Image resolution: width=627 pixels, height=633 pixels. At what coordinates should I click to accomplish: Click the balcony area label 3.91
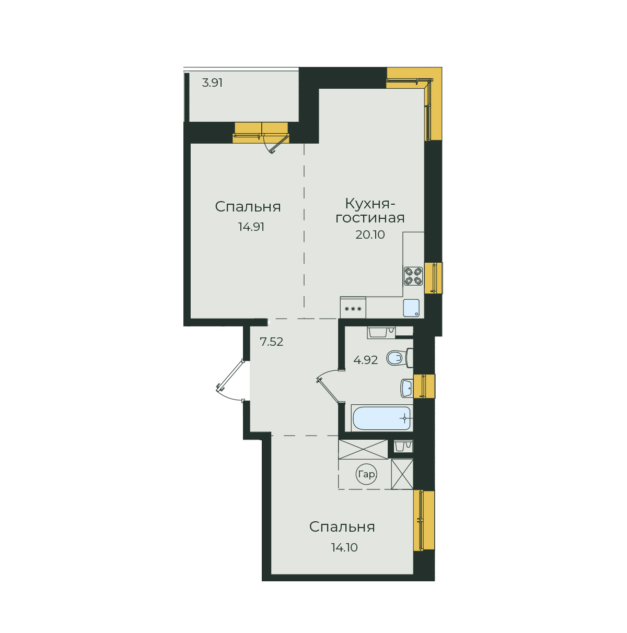pyautogui.click(x=212, y=83)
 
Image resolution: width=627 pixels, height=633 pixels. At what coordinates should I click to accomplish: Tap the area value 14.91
pyautogui.click(x=251, y=227)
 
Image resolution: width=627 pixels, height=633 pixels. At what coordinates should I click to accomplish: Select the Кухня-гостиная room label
pyautogui.click(x=369, y=210)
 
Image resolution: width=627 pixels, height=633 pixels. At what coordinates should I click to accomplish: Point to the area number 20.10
pyautogui.click(x=370, y=235)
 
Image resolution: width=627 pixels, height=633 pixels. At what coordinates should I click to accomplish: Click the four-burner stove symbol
pyautogui.click(x=413, y=276)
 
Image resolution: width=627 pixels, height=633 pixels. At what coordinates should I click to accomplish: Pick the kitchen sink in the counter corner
pyautogui.click(x=411, y=308)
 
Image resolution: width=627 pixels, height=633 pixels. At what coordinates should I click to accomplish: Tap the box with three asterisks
pyautogui.click(x=353, y=308)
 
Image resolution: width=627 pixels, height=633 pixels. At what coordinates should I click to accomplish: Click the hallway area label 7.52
pyautogui.click(x=271, y=342)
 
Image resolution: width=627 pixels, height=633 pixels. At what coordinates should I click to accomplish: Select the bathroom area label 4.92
pyautogui.click(x=365, y=360)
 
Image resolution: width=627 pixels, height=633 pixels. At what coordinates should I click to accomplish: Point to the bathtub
pyautogui.click(x=381, y=418)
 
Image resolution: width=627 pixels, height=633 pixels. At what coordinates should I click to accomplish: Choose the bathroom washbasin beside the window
pyautogui.click(x=407, y=388)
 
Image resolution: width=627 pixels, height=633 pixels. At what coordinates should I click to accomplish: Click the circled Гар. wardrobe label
pyautogui.click(x=366, y=474)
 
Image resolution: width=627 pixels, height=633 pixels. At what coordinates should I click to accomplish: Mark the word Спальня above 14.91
pyautogui.click(x=248, y=207)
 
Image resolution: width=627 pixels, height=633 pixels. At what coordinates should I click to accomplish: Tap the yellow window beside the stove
pyautogui.click(x=433, y=278)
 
